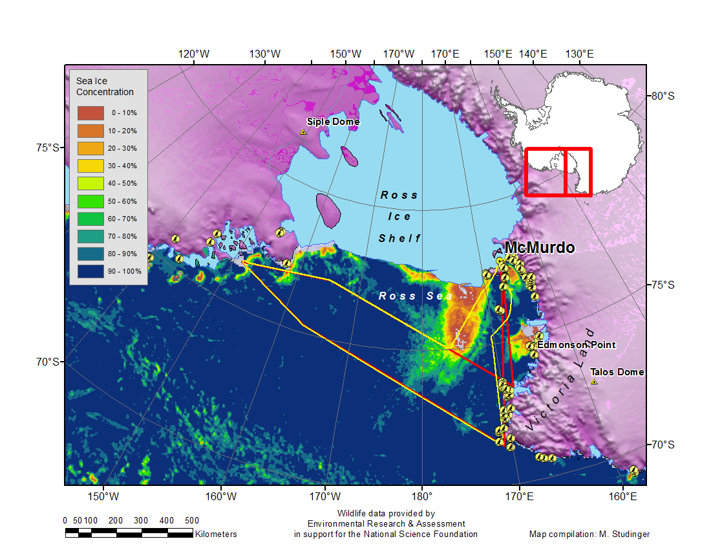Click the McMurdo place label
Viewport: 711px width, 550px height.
coord(539,247)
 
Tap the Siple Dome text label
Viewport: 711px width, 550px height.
coord(333,122)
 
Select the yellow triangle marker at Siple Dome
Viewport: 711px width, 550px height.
coord(302,132)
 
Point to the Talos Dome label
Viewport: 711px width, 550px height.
coord(617,372)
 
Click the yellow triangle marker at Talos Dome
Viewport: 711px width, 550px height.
coord(594,382)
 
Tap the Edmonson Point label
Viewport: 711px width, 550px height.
coord(576,345)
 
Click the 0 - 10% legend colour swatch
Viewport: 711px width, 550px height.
coord(90,113)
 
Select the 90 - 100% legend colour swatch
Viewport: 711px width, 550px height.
coord(90,271)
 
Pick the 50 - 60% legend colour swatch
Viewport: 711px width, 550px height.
coord(90,201)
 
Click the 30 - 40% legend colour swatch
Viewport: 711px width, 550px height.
coord(90,166)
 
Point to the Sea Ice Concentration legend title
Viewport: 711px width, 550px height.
coord(105,87)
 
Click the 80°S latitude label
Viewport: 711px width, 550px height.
coord(662,96)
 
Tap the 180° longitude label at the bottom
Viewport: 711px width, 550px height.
coord(422,497)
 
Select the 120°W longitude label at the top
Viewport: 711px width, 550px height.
coord(194,54)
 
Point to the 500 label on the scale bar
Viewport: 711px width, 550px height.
coord(191,520)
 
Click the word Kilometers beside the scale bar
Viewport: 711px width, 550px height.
coord(216,534)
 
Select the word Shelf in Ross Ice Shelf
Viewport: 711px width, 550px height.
coord(399,239)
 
